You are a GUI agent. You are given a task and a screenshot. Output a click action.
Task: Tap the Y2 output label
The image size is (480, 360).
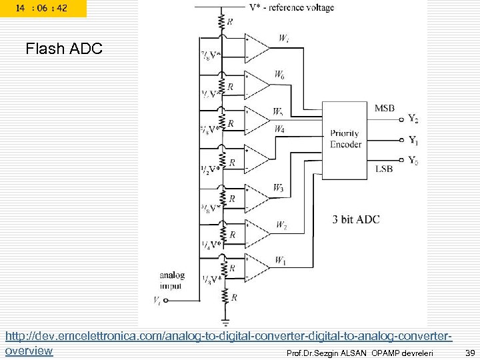[413, 119]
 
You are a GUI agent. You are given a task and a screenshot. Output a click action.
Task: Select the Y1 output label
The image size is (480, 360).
[413, 141]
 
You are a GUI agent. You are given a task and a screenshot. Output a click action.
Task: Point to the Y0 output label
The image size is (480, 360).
[413, 161]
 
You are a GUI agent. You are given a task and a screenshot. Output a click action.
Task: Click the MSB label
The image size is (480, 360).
[384, 108]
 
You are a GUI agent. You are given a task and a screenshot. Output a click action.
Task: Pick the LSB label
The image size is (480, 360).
[383, 169]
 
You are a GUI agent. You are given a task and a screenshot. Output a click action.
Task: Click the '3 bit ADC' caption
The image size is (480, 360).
[356, 219]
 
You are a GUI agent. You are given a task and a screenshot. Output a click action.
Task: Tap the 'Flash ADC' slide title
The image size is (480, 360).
[63, 49]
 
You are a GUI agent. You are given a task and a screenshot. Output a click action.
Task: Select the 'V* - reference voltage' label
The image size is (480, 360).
[291, 8]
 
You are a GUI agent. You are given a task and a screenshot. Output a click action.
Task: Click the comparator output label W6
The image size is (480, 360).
[279, 76]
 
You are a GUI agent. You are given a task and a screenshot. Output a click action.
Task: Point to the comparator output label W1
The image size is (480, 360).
[281, 260]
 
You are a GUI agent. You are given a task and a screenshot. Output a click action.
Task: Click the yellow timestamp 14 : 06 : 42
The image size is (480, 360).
[43, 9]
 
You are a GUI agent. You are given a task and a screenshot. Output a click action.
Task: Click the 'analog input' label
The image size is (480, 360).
[172, 281]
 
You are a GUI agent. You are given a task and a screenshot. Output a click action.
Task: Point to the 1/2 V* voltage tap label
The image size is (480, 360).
[209, 170]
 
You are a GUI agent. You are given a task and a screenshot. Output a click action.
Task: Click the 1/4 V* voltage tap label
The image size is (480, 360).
[209, 245]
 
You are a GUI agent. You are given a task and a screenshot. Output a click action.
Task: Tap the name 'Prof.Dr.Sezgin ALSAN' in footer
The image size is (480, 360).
[326, 352]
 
